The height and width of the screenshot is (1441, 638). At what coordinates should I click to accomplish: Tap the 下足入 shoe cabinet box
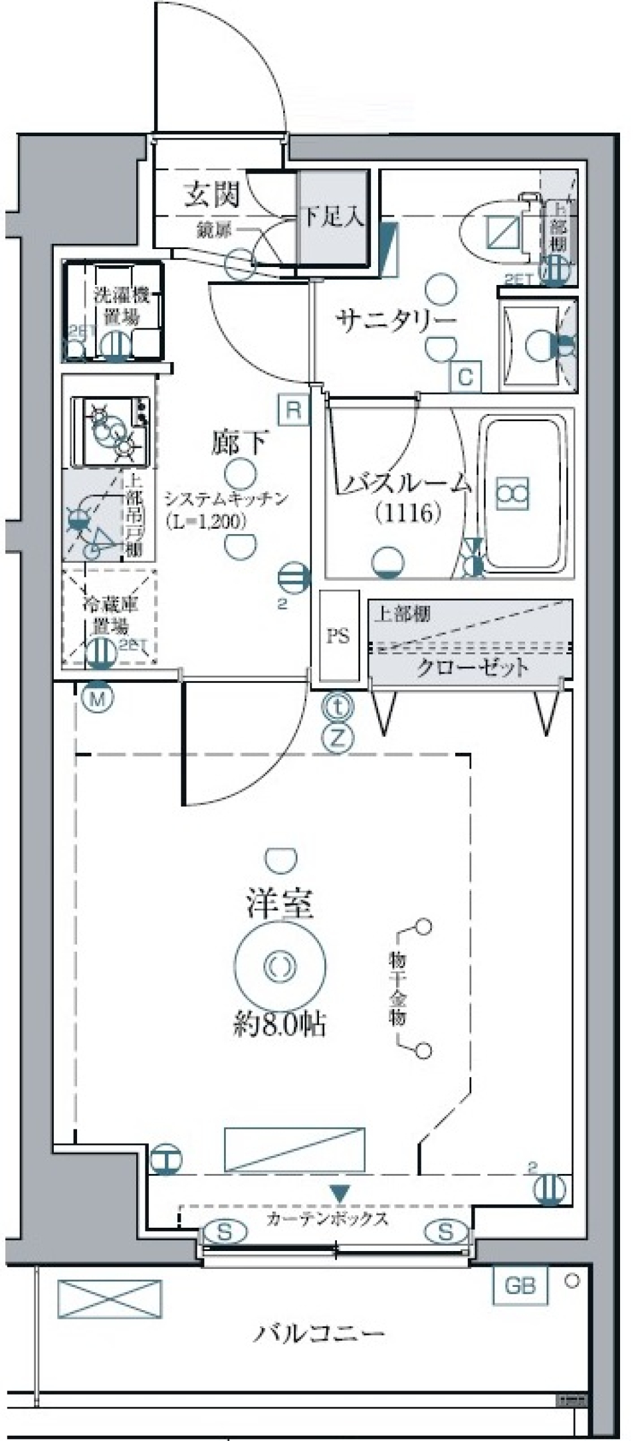point(332,217)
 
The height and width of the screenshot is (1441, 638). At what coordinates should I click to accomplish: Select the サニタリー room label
point(397,320)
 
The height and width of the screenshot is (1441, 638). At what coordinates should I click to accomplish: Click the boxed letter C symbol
point(465,377)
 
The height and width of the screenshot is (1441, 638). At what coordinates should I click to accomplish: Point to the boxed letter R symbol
point(294,410)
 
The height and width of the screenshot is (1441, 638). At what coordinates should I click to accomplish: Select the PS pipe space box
point(338,636)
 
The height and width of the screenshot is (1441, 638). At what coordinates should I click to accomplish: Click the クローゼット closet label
point(472,667)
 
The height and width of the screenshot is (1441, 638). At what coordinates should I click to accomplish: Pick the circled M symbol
point(98,698)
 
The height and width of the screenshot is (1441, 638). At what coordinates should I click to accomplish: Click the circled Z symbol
point(337,737)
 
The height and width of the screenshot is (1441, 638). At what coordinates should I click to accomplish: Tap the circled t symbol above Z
point(337,707)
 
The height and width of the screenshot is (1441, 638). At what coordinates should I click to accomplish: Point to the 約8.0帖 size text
point(279,1025)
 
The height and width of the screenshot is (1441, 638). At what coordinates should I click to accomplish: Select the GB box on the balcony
point(520,1286)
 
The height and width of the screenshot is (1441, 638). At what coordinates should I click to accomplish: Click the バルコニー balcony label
point(319,1333)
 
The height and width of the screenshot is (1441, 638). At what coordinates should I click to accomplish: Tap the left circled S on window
point(225,1232)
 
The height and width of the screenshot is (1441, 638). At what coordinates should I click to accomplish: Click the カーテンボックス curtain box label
point(327,1218)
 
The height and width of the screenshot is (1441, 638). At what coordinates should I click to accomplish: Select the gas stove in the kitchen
point(111,431)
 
